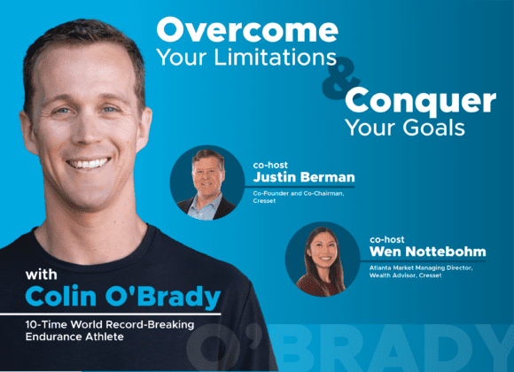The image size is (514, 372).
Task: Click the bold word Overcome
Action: click(x=247, y=30)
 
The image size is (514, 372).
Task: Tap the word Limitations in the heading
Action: click(x=276, y=57)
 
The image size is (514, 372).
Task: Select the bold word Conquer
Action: click(x=420, y=101)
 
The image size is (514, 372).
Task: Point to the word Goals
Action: click(x=433, y=128)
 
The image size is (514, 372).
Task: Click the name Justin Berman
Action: click(x=304, y=177)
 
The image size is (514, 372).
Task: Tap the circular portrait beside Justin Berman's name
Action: click(x=207, y=182)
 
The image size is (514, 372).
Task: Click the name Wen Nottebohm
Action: click(x=427, y=252)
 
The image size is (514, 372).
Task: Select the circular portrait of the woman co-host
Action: click(x=323, y=260)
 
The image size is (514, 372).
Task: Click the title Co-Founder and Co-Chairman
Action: click(x=299, y=193)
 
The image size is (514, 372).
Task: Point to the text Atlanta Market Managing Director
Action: click(x=421, y=267)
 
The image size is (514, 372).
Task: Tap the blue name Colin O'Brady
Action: click(x=123, y=297)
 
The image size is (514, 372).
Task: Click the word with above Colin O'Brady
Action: click(x=42, y=275)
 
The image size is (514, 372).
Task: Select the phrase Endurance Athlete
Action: click(x=74, y=337)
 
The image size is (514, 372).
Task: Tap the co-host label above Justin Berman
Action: click(x=270, y=165)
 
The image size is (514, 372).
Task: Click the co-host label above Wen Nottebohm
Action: click(x=386, y=240)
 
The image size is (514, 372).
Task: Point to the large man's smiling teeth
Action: click(x=89, y=163)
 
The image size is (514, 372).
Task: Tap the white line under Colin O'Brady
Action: click(x=111, y=314)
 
